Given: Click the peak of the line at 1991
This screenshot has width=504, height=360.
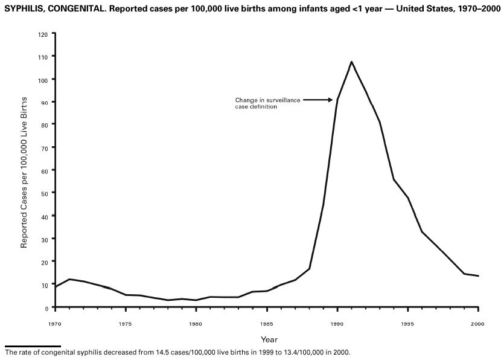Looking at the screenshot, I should click(351, 62).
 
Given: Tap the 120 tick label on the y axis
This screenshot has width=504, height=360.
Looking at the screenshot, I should click(43, 34).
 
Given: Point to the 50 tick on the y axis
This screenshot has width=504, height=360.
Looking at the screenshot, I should click(44, 193).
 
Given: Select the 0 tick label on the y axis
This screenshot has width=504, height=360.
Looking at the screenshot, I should click(46, 307).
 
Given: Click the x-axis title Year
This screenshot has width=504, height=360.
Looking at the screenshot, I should click(269, 339).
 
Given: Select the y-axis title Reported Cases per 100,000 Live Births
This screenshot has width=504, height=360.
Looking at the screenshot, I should click(25, 171).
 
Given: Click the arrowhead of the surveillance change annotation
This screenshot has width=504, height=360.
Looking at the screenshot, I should click(331, 100).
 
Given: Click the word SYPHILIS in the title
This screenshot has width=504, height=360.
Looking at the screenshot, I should click(23, 13).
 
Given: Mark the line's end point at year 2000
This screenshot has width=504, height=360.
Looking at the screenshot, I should click(478, 276).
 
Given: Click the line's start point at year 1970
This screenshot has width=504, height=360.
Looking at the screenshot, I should click(55, 287).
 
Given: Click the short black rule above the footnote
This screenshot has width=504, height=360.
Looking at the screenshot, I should click(32, 346).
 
